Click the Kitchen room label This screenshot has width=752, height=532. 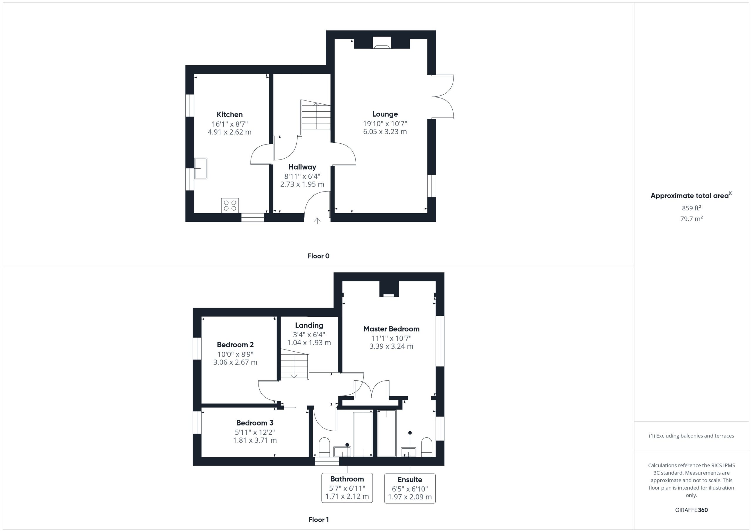tap(230, 114)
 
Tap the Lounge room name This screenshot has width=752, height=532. tap(385, 114)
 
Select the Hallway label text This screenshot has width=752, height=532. tap(302, 167)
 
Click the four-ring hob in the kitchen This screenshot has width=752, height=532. tap(230, 205)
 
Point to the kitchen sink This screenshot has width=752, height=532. tap(201, 168)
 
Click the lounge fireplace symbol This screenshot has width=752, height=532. tap(382, 43)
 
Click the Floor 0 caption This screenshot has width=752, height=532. tap(318, 256)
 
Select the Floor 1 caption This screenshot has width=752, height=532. tap(318, 520)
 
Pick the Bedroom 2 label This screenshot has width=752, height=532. tap(235, 345)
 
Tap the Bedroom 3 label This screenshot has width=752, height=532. tap(255, 423)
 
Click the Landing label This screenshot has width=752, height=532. tap(309, 325)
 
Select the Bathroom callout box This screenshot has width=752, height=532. tap(347, 488)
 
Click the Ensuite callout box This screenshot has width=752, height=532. tap(410, 488)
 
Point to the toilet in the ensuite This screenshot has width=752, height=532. tap(427, 447)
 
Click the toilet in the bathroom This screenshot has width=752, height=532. tap(324, 447)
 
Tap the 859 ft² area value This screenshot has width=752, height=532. tap(691, 208)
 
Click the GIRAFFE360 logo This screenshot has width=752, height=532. tap(691, 510)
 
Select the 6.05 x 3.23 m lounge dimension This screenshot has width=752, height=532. tap(385, 132)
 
